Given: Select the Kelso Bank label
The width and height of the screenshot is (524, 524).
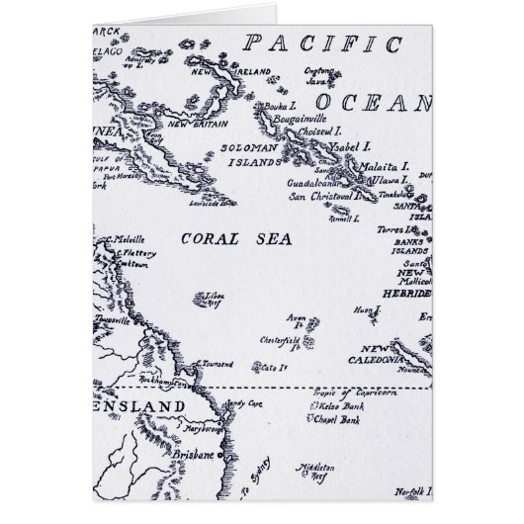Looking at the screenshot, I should (343, 408).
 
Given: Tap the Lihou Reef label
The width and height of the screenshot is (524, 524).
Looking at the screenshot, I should (213, 298).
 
